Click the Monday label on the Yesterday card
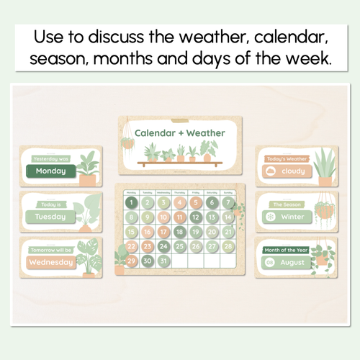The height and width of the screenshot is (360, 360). tap(50, 171)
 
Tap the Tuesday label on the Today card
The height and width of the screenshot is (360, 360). tap(50, 216)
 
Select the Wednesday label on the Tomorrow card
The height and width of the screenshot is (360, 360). tap(50, 262)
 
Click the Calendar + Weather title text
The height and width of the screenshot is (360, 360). tap(179, 133)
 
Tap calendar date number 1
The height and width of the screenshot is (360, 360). tap(131, 203)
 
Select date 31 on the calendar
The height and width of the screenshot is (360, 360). tap(163, 261)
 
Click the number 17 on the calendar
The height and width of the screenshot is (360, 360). tap(179, 232)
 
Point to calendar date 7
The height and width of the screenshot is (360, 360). tap(227, 203)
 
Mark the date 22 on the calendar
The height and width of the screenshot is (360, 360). tap(131, 246)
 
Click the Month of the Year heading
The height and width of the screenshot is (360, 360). tap(286, 248)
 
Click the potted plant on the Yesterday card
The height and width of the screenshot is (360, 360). tap(87, 170)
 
